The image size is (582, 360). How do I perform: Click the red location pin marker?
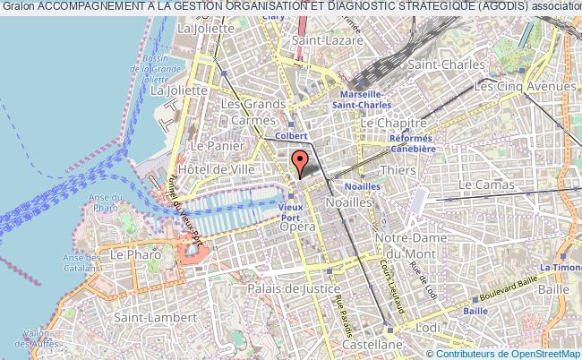click(300, 163)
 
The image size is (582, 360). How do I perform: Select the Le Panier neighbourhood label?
click(211, 145)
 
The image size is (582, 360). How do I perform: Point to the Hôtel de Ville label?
click(218, 168)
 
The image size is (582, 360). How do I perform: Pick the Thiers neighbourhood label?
click(398, 168)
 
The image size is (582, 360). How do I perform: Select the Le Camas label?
click(486, 184)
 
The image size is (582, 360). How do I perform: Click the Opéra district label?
click(297, 227)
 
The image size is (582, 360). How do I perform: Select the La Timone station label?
click(560, 267)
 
